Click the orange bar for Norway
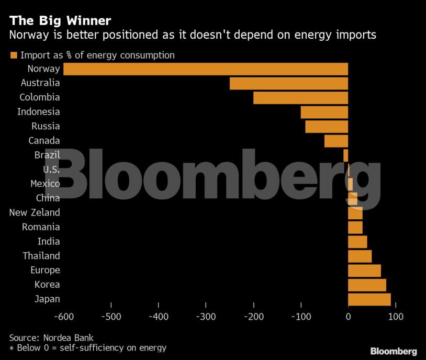click(x=205, y=69)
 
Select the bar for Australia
click(x=288, y=83)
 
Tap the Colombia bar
click(x=300, y=98)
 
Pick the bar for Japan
click(x=369, y=299)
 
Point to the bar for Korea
click(x=367, y=285)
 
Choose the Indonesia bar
click(x=324, y=112)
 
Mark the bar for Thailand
click(x=360, y=256)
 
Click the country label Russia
click(x=46, y=126)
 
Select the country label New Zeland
click(x=35, y=212)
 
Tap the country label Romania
click(x=41, y=227)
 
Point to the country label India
click(x=49, y=241)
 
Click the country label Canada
click(x=44, y=141)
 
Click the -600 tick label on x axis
click(x=63, y=317)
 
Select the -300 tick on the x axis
click(x=206, y=317)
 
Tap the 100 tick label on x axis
click(x=395, y=317)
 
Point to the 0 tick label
click(x=348, y=317)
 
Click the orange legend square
click(x=14, y=55)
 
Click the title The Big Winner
click(x=60, y=21)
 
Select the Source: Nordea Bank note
click(x=51, y=337)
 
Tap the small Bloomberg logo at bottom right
click(x=393, y=351)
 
